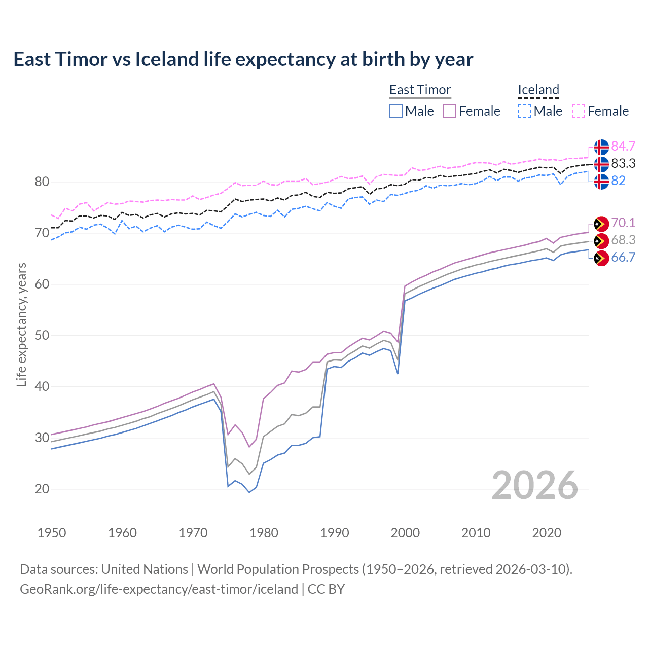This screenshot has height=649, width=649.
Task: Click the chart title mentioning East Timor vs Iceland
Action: (243, 59)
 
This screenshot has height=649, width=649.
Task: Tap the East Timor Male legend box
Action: (396, 111)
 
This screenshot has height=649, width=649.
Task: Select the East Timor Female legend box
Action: (450, 111)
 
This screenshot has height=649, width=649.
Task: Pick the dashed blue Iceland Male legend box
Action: (524, 111)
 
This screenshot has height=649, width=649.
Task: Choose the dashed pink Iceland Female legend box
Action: (579, 111)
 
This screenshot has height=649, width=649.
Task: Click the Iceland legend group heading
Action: (538, 90)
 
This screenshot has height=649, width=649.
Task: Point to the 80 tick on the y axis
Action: (42, 182)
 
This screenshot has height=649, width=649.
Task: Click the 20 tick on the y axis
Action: (42, 489)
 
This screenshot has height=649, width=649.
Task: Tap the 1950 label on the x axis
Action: (52, 533)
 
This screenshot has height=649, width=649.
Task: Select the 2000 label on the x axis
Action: (405, 533)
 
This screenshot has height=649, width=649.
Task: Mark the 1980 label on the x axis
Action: (264, 533)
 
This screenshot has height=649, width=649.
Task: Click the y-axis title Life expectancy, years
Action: (21, 324)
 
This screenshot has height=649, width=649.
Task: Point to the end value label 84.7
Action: (623, 146)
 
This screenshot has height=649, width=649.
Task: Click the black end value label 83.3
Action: (623, 163)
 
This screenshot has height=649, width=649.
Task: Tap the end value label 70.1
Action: (623, 223)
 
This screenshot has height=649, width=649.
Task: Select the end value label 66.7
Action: (623, 258)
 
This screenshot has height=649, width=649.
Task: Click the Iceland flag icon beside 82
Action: (601, 181)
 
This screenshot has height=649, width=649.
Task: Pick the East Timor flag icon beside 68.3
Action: (601, 241)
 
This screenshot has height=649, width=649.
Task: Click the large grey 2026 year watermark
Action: (534, 485)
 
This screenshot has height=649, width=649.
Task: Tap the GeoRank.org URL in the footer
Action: (159, 589)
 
